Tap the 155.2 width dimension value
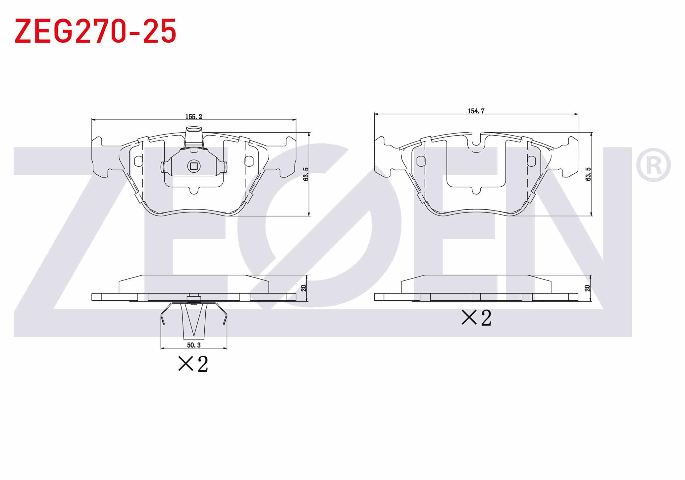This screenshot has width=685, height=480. coord(193,117)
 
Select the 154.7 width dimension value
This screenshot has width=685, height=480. coord(476,111)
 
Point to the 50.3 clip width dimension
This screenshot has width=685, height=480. coord(194,345)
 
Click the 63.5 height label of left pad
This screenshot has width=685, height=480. coord(306,174)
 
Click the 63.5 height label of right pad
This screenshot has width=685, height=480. coord(588,174)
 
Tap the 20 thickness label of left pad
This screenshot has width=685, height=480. coord(304,288)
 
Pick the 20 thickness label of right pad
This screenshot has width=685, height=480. coord(587,288)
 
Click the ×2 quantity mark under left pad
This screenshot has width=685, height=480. coord(193,364)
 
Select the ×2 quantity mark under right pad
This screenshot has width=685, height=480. coord(477,318)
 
